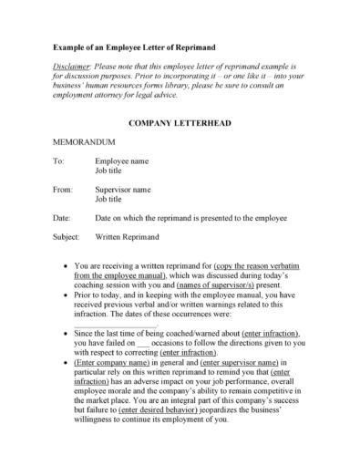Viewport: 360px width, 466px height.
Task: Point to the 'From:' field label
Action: [63, 190]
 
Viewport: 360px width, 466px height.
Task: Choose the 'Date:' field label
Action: [62, 218]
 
